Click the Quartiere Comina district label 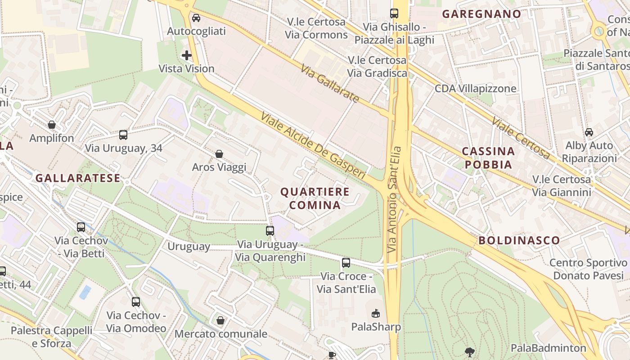tap(315, 198)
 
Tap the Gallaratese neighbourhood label tap(78, 178)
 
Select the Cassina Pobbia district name tap(488, 157)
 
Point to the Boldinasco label tap(519, 240)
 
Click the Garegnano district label tap(481, 14)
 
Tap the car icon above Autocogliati tap(196, 18)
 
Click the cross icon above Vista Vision tap(187, 55)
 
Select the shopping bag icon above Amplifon tap(52, 125)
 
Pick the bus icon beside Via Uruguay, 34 tap(123, 135)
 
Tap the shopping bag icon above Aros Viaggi tap(219, 154)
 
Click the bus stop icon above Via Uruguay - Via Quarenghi tap(270, 230)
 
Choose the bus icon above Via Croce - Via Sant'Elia tap(346, 262)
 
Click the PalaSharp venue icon tap(376, 313)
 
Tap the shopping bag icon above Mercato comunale tap(220, 320)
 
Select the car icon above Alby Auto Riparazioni tap(589, 132)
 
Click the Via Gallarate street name tap(330, 84)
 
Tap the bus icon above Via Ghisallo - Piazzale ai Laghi tap(394, 13)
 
